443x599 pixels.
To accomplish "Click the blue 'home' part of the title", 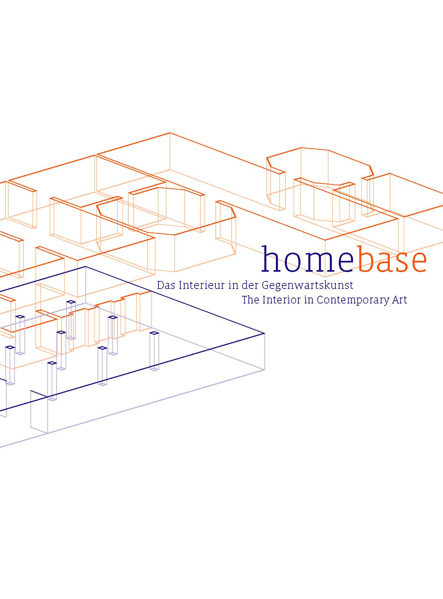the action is point(307,259).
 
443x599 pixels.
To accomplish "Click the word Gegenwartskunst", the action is point(307,286).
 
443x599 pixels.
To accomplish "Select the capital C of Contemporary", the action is point(320,299).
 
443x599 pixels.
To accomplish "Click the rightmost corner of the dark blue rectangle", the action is point(264,334).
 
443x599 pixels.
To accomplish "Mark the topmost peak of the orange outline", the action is point(170,133).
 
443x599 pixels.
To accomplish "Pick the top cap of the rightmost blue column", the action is point(154,333).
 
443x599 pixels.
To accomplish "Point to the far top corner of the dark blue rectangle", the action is point(85,266).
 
